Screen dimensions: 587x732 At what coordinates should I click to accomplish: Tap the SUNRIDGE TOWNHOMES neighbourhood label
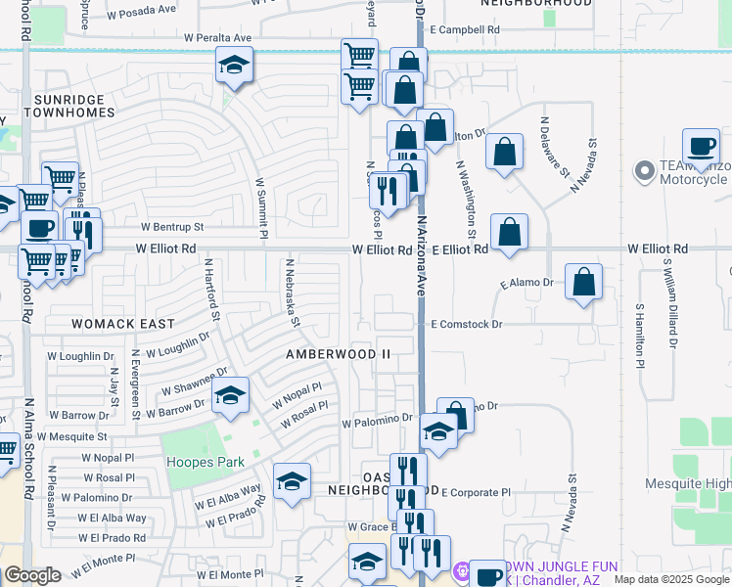tap(73, 106)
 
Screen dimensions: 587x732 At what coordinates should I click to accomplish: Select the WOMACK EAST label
tap(123, 324)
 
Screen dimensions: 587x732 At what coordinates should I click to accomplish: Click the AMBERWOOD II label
tap(338, 353)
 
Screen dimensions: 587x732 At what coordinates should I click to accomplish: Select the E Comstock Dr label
tap(466, 324)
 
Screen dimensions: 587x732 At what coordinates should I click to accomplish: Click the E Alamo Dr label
tap(526, 283)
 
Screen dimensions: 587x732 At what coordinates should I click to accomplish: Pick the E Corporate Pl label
tap(476, 493)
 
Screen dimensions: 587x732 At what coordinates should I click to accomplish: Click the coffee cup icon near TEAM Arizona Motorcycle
tap(701, 147)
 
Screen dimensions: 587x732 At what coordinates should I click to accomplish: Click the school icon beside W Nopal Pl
tap(230, 395)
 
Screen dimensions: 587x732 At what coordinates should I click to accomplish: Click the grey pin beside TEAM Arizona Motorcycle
tap(644, 173)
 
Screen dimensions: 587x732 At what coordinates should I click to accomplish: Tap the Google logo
tap(32, 576)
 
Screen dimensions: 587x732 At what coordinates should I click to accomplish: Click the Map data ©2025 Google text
tap(671, 579)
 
